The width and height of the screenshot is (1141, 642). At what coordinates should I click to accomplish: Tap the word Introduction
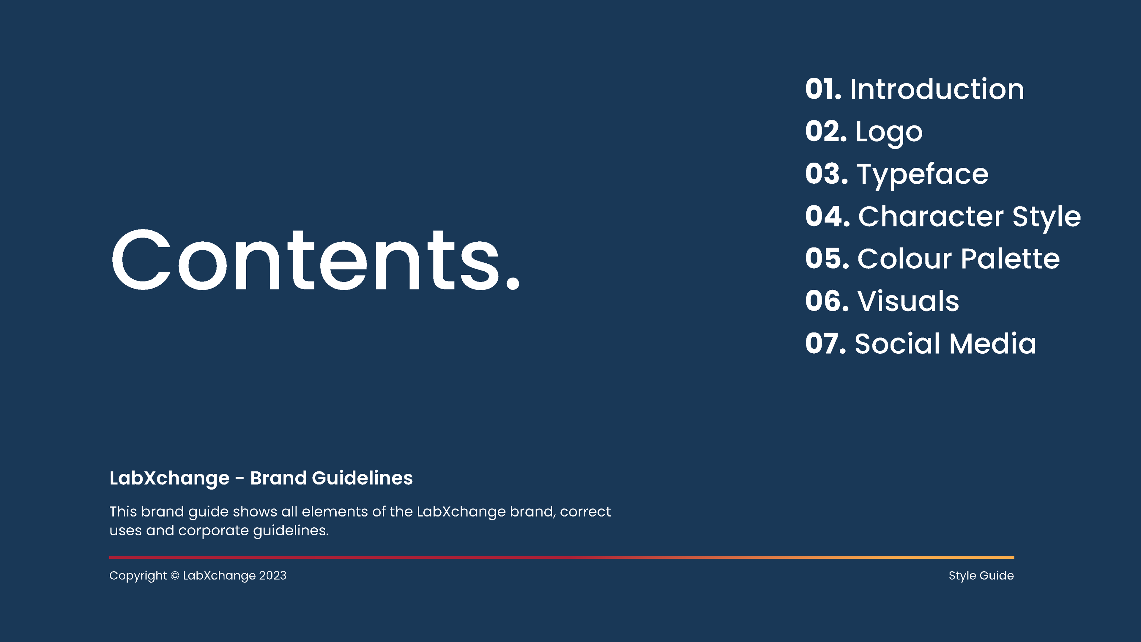click(x=937, y=89)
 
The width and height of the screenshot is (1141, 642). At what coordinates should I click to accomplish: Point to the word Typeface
click(x=923, y=174)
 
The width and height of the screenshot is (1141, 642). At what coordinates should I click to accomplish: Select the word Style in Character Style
click(x=1046, y=217)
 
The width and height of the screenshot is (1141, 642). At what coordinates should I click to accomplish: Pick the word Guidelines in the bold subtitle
click(x=362, y=478)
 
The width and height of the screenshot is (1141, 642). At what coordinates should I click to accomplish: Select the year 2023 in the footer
click(x=272, y=575)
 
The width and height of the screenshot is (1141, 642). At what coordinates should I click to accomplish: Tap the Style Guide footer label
click(x=981, y=575)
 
